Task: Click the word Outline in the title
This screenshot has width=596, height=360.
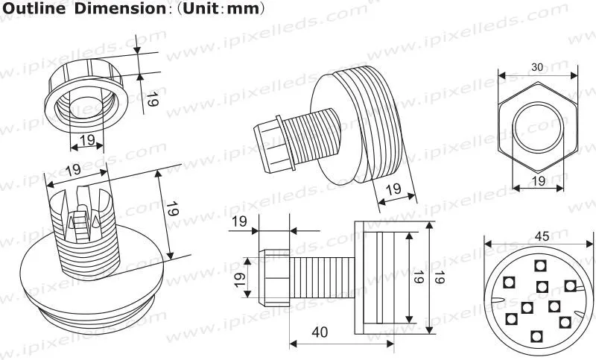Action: click(x=34, y=9)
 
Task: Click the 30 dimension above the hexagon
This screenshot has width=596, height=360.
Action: click(x=537, y=67)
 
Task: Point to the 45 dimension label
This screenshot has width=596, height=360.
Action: click(x=542, y=236)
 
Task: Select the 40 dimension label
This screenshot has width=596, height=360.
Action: click(x=320, y=332)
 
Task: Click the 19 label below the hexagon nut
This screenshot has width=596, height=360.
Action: click(x=538, y=181)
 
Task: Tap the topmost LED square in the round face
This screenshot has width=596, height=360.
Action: click(x=540, y=265)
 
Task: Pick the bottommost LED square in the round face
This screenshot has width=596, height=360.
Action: click(x=536, y=336)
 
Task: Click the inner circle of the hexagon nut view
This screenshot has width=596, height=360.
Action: click(x=537, y=102)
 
